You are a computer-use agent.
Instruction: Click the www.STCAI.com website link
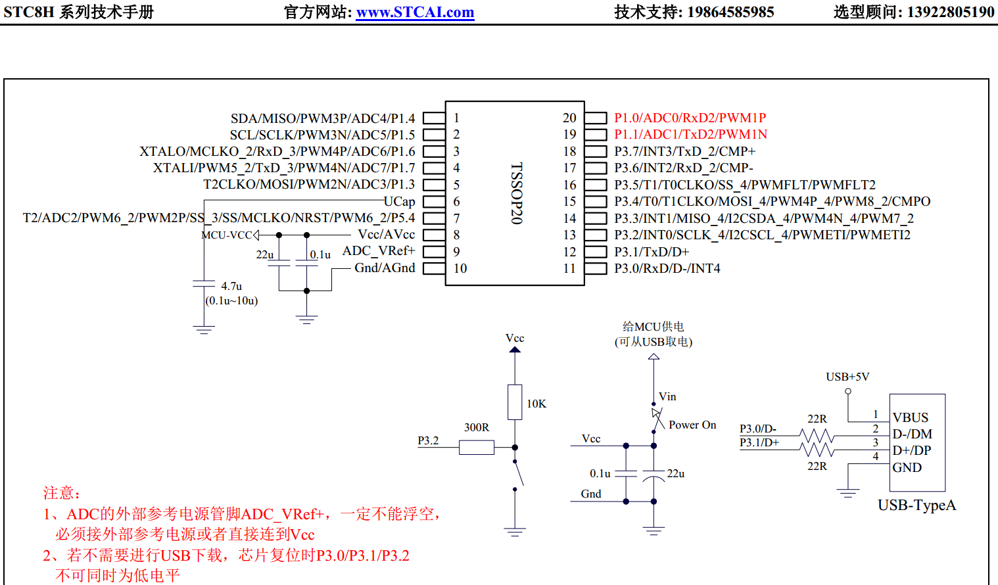415,12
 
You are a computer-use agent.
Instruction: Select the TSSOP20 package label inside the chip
517,193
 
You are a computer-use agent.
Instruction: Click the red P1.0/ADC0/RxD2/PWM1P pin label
690,118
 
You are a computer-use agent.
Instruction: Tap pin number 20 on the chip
569,118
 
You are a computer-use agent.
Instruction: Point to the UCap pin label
399,201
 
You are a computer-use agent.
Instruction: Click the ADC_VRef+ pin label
379,251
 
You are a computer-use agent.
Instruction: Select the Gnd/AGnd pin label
385,268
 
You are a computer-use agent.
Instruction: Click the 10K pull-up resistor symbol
515,402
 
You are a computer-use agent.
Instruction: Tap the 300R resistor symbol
477,448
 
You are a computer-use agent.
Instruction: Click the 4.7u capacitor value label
231,286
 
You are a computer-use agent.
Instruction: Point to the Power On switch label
692,425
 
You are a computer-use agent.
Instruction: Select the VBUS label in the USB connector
911,417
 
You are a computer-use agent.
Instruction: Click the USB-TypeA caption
916,505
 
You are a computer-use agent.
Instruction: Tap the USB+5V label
847,377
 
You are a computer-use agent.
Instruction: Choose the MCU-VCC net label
227,235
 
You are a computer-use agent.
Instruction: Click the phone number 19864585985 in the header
730,12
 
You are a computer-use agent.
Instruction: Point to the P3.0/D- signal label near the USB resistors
758,429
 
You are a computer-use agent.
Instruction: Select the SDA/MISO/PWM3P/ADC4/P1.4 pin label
323,118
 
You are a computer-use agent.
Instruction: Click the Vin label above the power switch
667,396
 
